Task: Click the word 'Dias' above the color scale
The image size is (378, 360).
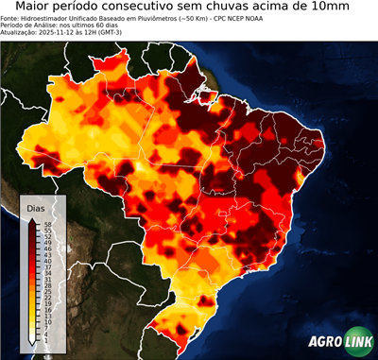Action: [36, 207]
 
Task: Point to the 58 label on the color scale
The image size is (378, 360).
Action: [47, 224]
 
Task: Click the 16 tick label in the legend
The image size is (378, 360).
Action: [47, 309]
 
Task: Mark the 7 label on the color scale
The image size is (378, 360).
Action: [47, 327]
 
